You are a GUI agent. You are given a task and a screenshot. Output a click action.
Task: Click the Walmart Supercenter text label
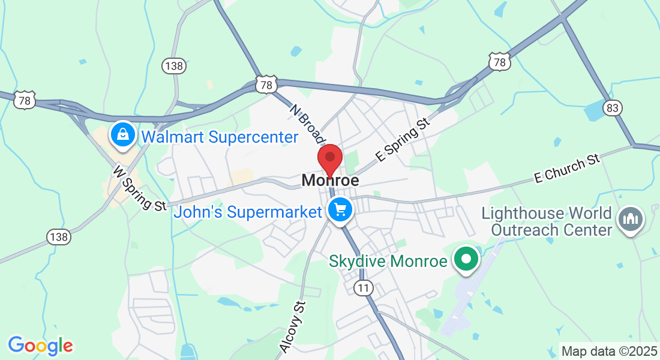point(219,137)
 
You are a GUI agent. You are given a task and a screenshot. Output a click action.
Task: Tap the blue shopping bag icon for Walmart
point(123,135)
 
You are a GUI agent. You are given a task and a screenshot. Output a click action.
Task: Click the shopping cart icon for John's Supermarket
point(341,210)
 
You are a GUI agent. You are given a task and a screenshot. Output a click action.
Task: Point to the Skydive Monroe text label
point(388,262)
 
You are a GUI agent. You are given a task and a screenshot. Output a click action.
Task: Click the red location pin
point(329,158)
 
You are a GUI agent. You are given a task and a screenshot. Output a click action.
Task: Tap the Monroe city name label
point(330,180)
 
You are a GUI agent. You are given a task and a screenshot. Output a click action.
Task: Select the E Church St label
point(567,169)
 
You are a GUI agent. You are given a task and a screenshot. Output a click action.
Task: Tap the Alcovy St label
point(293,326)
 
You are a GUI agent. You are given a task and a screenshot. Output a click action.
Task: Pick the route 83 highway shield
point(613,107)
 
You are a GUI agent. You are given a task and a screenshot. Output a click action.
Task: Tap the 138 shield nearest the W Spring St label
point(59,237)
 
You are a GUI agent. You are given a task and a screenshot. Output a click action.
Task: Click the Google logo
point(40,346)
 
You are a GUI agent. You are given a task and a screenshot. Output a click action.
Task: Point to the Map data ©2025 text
point(608,350)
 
